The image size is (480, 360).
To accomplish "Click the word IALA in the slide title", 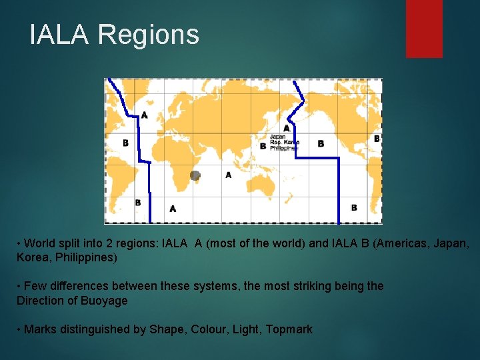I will pyautogui.click(x=59, y=34).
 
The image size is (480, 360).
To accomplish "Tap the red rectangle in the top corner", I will pyautogui.click(x=424, y=28).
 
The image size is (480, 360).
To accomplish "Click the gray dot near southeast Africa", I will pyautogui.click(x=195, y=175).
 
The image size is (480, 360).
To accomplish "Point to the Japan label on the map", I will pyautogui.click(x=277, y=137).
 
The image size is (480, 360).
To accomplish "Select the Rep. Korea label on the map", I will pyautogui.click(x=284, y=142).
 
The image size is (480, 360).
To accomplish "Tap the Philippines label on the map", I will pyautogui.click(x=283, y=148).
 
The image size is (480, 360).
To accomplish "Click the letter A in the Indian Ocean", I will pyautogui.click(x=228, y=175).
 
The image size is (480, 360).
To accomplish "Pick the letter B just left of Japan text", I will pyautogui.click(x=263, y=145).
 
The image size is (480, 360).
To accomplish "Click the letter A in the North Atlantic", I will pyautogui.click(x=145, y=115).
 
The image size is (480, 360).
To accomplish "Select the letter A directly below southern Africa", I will pyautogui.click(x=173, y=209).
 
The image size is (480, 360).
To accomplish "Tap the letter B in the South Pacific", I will pyautogui.click(x=354, y=207).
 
